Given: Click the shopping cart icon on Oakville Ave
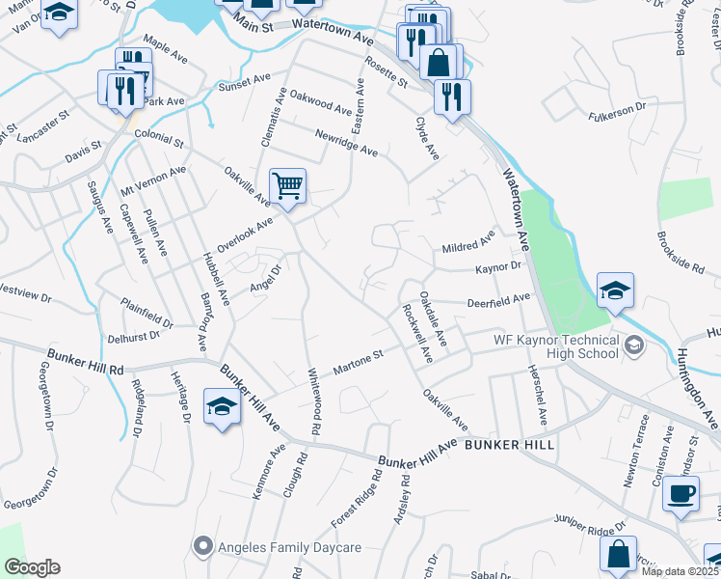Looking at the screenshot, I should [x=288, y=183].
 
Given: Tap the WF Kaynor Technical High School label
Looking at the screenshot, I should [x=555, y=345].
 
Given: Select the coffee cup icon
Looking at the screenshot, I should [x=681, y=494].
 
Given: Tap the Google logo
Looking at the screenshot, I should [x=32, y=567].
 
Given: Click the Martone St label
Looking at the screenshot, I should [x=359, y=364].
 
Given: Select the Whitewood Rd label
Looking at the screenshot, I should [x=313, y=400].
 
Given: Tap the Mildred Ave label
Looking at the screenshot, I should [x=468, y=241].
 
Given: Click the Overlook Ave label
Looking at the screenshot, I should [x=246, y=234].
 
